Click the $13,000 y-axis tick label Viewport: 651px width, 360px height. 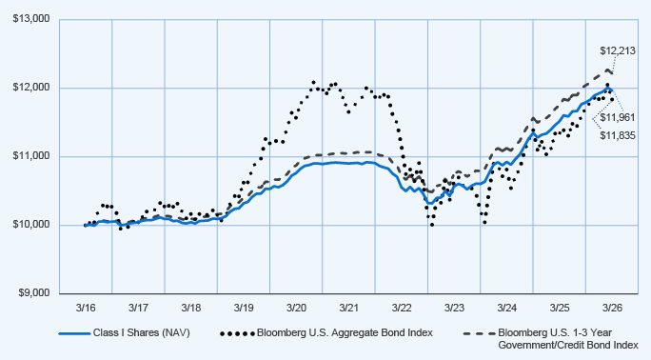click(x=31, y=19)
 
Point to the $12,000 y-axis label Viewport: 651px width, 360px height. click(x=31, y=88)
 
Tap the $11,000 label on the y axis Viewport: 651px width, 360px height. click(x=31, y=156)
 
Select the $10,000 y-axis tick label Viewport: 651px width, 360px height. click(x=31, y=225)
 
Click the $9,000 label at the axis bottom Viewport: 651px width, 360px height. click(x=33, y=293)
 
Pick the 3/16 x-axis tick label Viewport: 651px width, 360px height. click(x=86, y=308)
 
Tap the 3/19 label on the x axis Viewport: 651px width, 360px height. click(x=244, y=308)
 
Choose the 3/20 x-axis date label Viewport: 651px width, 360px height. click(x=296, y=308)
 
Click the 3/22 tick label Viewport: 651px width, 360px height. click(x=402, y=308)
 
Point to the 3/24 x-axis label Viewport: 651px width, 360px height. click(x=507, y=308)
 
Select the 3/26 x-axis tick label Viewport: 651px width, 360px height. click(x=612, y=308)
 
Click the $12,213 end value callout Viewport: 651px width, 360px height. click(x=618, y=51)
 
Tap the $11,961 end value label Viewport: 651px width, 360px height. click(x=618, y=117)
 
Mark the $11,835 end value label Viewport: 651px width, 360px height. click(x=618, y=135)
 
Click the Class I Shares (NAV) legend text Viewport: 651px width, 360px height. click(x=141, y=333)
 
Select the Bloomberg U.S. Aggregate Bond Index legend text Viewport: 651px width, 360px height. click(x=345, y=333)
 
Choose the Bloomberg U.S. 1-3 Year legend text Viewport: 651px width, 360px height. click(x=555, y=333)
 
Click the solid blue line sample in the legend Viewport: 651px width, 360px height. click(x=74, y=333)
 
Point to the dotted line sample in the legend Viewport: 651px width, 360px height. click(x=237, y=333)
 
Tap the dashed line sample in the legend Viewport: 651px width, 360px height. click(x=479, y=333)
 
